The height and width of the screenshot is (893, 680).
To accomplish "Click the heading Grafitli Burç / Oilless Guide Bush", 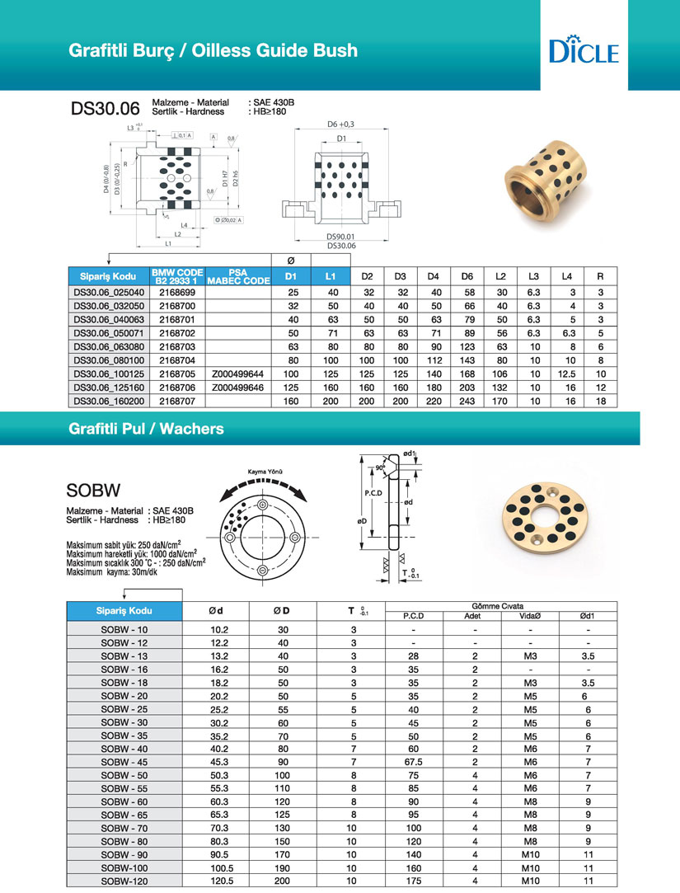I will tap(213, 50).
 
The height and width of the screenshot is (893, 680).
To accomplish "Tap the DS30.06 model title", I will tap(105, 108).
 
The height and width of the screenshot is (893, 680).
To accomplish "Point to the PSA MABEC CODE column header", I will tap(238, 276).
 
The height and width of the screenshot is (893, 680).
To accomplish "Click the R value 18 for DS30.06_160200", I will tap(601, 401).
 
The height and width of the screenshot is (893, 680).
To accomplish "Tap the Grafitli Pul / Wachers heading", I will tap(146, 429).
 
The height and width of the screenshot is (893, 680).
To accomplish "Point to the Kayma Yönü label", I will tap(260, 472).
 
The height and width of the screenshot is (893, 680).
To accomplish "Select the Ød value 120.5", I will tap(215, 881).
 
